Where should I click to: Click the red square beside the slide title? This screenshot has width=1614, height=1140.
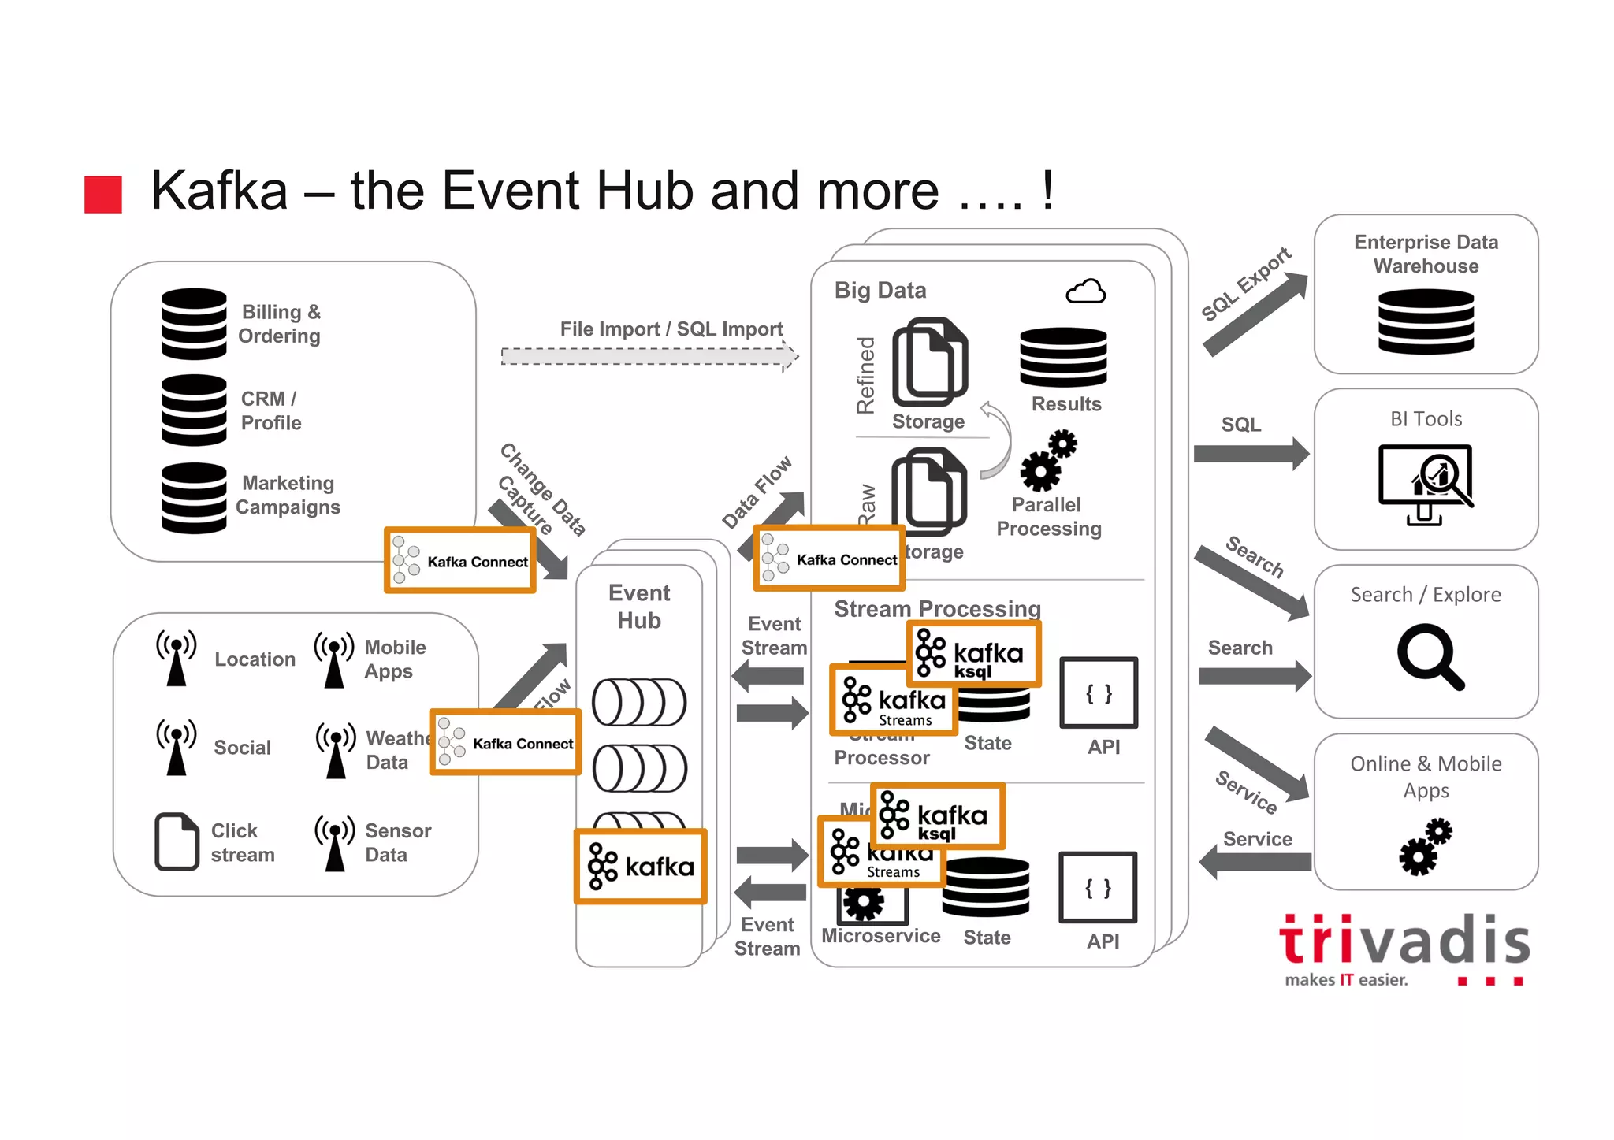[103, 194]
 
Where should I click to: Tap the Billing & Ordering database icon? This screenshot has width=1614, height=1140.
[194, 324]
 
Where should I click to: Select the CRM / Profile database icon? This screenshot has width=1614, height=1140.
[194, 410]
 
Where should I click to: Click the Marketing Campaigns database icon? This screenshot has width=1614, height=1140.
[194, 498]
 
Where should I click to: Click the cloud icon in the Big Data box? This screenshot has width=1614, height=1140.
[1085, 291]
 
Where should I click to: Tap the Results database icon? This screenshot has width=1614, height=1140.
[1063, 357]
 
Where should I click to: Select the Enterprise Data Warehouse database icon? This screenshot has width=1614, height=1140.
[1426, 321]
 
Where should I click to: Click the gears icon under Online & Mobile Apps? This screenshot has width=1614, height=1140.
[1426, 846]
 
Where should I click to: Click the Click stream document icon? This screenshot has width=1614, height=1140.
[177, 841]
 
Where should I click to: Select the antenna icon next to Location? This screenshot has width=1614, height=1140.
[177, 658]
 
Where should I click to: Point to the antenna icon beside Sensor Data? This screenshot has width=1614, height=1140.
[335, 842]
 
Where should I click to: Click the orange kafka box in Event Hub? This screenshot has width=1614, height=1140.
[640, 866]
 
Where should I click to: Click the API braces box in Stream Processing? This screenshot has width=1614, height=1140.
[1099, 693]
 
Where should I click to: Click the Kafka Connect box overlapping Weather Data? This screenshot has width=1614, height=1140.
[505, 742]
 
